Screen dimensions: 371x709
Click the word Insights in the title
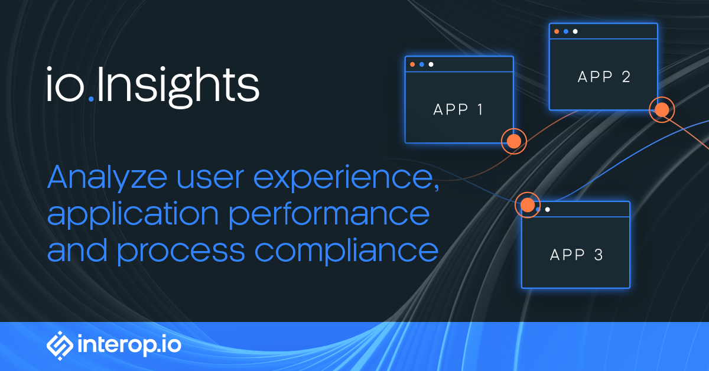click(x=177, y=87)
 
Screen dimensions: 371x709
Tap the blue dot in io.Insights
click(x=91, y=100)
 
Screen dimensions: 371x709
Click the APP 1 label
click(x=458, y=109)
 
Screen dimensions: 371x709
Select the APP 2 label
click(x=603, y=77)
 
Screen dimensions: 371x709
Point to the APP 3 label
click(x=576, y=255)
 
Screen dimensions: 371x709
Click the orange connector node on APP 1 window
click(x=513, y=141)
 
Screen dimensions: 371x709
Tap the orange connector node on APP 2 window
click(x=662, y=109)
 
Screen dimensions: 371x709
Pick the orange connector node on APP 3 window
click(x=528, y=204)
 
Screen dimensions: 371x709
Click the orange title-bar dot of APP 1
click(x=412, y=64)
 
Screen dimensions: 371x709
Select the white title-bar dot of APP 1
click(x=431, y=64)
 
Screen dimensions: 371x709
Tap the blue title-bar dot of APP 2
click(x=565, y=31)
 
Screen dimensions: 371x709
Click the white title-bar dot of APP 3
click(x=548, y=209)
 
